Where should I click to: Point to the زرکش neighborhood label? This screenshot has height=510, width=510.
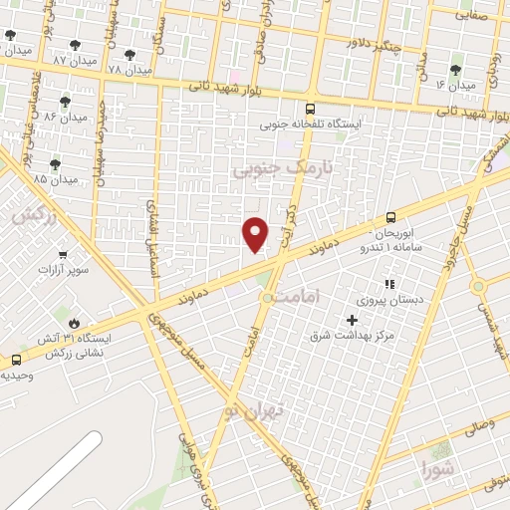(x=28, y=214)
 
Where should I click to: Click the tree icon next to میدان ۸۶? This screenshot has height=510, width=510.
(x=66, y=102)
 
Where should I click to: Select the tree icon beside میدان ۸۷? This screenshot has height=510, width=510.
(x=76, y=45)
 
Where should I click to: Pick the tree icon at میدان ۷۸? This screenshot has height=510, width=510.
(x=130, y=55)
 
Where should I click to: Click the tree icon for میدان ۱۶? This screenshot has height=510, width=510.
(x=456, y=70)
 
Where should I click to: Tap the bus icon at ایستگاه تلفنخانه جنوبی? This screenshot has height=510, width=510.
(x=312, y=110)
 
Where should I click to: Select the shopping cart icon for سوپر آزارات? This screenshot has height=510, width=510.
(x=64, y=255)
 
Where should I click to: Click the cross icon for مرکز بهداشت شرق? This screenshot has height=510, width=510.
(x=352, y=320)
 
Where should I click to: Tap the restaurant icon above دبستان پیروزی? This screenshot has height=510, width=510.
(x=390, y=284)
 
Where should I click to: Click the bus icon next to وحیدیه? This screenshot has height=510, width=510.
(x=16, y=361)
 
